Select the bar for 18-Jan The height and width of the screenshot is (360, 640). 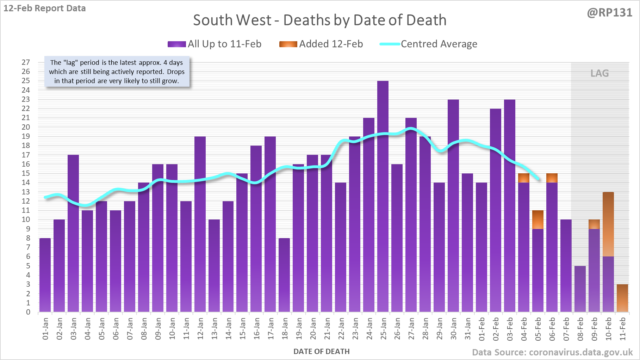click(x=284, y=275)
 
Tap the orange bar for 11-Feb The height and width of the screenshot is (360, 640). click(x=622, y=298)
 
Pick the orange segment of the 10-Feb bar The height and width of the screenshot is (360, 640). click(x=608, y=224)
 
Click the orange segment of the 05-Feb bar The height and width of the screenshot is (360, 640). click(x=538, y=220)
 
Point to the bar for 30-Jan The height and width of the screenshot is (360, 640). click(x=453, y=206)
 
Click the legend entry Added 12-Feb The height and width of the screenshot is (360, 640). click(x=321, y=44)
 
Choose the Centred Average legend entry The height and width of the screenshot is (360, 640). click(x=429, y=44)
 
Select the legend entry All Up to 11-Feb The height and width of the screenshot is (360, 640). click(x=215, y=44)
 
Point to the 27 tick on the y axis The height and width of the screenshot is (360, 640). click(x=26, y=62)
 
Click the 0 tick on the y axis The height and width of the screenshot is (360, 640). click(x=28, y=312)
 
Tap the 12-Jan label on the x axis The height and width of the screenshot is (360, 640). click(x=200, y=328)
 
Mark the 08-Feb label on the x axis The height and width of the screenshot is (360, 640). click(x=580, y=328)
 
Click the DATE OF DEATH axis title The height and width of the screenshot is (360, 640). click(x=322, y=352)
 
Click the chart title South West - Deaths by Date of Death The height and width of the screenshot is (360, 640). click(x=320, y=20)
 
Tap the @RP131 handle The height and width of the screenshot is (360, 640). click(x=610, y=13)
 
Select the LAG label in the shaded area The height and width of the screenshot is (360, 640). click(x=599, y=73)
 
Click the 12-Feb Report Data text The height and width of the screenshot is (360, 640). click(x=45, y=8)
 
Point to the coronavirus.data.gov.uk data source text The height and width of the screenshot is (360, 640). click(x=552, y=352)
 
